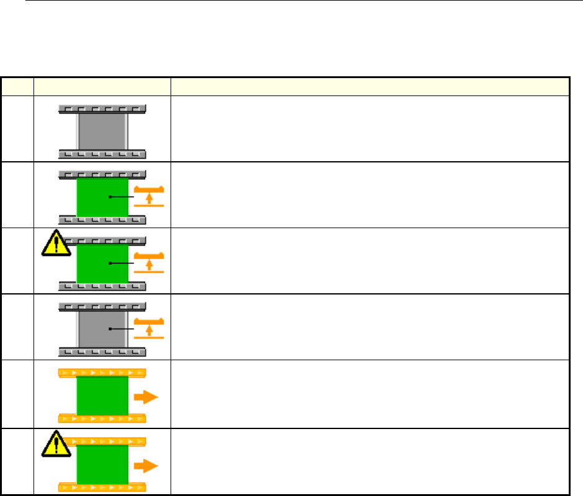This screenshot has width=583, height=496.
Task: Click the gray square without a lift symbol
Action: tap(102, 130)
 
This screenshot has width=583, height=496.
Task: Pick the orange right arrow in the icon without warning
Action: tap(147, 397)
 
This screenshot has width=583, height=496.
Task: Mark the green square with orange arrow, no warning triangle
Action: tap(102, 397)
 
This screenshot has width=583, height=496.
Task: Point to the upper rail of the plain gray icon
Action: tap(102, 108)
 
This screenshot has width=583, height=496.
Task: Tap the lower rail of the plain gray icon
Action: tap(102, 153)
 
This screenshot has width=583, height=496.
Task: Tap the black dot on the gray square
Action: tap(110, 330)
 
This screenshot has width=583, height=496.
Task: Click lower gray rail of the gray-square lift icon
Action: tap(102, 352)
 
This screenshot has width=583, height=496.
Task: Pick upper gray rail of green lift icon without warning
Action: tap(102, 175)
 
